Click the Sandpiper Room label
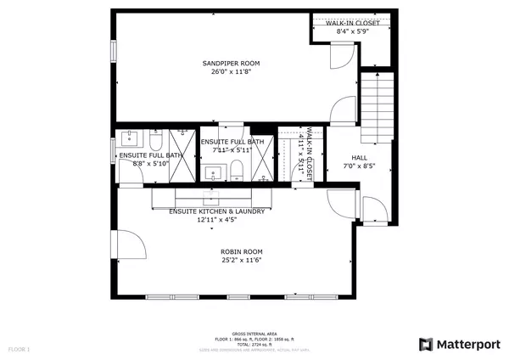[x=231, y=63]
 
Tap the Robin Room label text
[x=242, y=251]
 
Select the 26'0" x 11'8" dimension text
[x=231, y=72]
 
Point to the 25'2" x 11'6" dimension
[x=242, y=261]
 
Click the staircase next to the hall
[x=379, y=106]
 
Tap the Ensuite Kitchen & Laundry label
[x=217, y=211]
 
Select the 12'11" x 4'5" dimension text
[x=217, y=220]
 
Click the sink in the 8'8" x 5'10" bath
[x=132, y=138]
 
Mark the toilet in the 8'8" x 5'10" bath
[x=157, y=139]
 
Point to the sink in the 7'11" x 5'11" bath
[x=214, y=173]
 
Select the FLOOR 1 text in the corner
[x=19, y=349]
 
